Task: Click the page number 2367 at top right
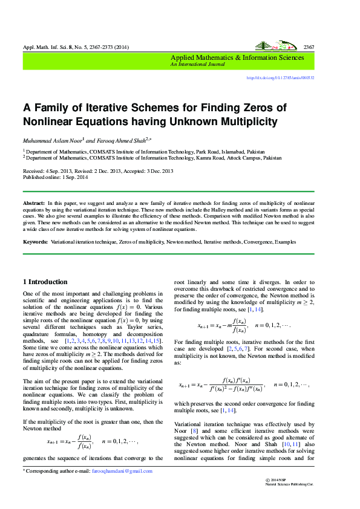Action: tap(308, 47)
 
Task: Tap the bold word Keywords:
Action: tap(36, 242)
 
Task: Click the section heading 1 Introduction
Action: tap(45, 282)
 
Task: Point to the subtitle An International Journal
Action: tap(197, 63)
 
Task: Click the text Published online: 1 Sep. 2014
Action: tap(56, 177)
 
